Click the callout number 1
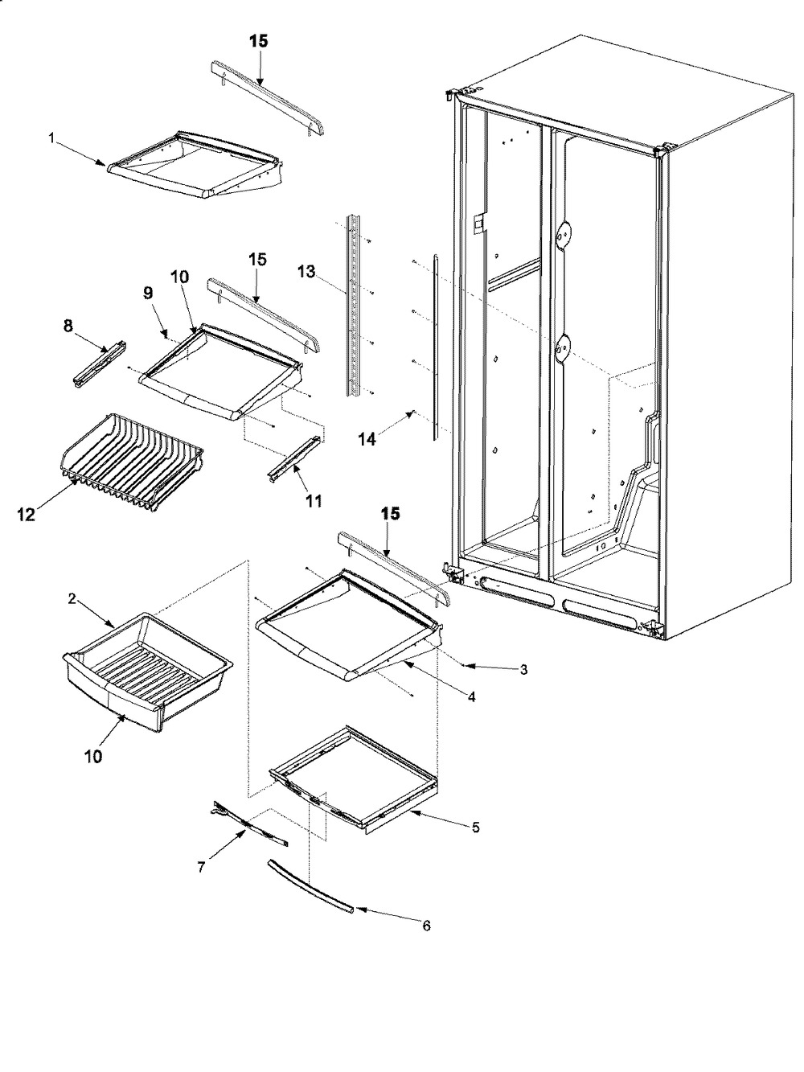click(51, 138)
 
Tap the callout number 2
click(72, 599)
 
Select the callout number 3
click(523, 669)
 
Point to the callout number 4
click(471, 697)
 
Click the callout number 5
click(475, 828)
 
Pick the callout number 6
click(426, 925)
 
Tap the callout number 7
click(201, 867)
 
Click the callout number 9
click(148, 293)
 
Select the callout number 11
click(314, 500)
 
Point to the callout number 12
click(27, 515)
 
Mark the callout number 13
click(306, 271)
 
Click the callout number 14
click(367, 440)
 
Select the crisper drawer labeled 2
click(147, 670)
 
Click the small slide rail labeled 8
click(100, 364)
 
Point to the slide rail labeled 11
click(295, 458)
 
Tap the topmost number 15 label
click(259, 41)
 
